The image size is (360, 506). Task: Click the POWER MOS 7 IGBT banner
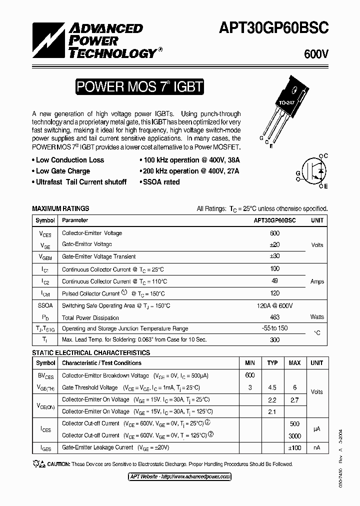coord(139,87)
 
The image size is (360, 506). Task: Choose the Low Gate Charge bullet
coord(63,171)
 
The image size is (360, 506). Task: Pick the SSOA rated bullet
coord(159,182)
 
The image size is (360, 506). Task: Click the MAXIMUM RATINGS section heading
coord(60,208)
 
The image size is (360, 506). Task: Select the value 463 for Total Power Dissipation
coord(274,317)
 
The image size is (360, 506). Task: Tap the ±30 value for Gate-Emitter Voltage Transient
coord(274,256)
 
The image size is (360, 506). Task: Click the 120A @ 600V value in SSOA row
coord(274,305)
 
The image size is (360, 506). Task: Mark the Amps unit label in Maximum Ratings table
coord(317,281)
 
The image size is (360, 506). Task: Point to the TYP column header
coord(272,363)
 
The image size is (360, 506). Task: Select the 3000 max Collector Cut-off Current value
coord(294,436)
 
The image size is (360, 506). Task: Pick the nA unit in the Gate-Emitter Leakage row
coord(317,447)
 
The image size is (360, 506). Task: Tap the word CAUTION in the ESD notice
coord(56,464)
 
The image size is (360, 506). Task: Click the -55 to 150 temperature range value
coord(274,328)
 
